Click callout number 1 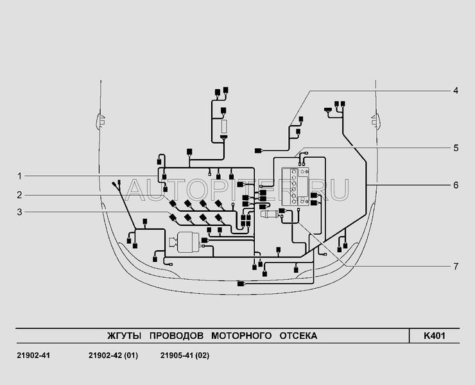20,176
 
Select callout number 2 20,194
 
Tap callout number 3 20,212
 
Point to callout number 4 455,91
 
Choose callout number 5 455,148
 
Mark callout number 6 455,185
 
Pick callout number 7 455,265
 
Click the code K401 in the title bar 434,336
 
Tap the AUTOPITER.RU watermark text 237,187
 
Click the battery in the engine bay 296,187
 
